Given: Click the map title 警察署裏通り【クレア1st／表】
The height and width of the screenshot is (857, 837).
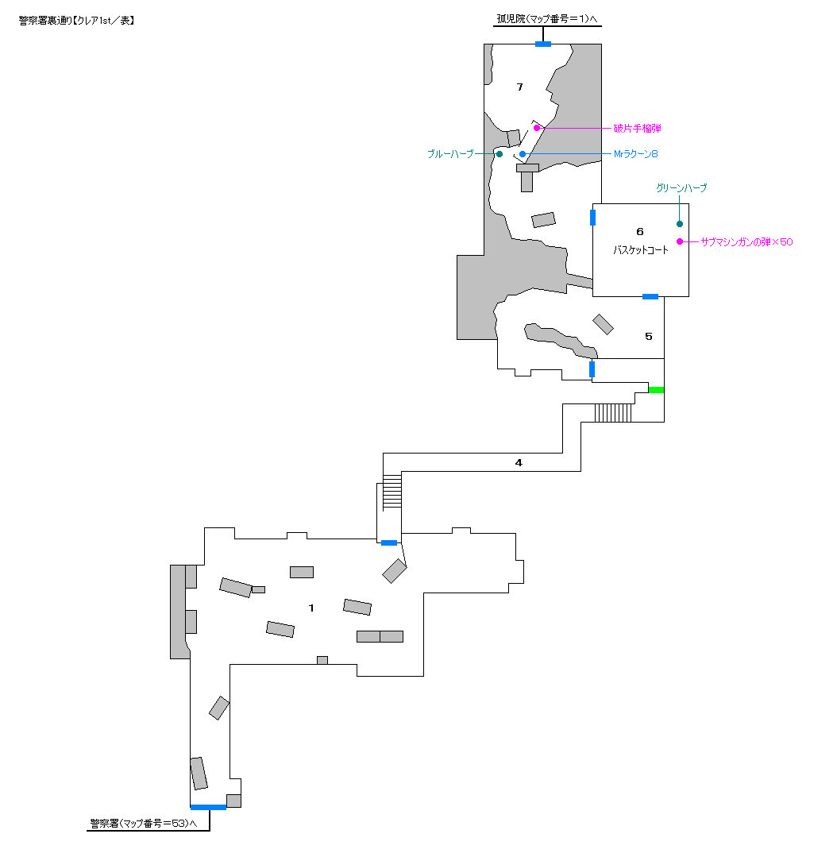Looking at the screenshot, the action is [76, 21].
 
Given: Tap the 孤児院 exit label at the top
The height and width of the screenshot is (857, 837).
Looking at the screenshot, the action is [547, 19].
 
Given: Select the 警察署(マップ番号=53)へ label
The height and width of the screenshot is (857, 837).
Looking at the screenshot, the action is [144, 823].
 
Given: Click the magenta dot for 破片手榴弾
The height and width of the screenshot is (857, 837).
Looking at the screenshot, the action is [537, 128].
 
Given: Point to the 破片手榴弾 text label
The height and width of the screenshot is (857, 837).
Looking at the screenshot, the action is [637, 129].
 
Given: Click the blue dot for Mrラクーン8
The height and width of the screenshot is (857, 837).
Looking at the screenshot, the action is [523, 154].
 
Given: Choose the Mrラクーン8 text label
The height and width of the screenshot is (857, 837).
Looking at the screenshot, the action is [635, 154].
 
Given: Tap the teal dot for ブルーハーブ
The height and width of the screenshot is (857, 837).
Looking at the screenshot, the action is [499, 154].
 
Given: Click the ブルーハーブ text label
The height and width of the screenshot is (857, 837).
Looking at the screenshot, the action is [450, 154].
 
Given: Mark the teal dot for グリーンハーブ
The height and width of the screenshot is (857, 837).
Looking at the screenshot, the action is [680, 223].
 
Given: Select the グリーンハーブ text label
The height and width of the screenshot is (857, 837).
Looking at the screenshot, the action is [681, 188].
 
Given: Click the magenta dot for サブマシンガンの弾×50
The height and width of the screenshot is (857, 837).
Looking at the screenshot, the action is [680, 241].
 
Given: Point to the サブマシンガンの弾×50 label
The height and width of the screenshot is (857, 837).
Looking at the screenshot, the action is [746, 242].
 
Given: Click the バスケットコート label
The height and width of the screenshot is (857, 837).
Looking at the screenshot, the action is [640, 250].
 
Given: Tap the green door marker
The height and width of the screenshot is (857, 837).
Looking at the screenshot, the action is [656, 390].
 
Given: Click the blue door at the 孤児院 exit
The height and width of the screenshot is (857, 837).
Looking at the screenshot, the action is [543, 44].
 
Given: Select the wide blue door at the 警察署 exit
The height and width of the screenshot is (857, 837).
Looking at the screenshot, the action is [208, 807].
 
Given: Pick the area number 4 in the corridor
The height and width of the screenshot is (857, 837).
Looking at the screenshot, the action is [519, 463].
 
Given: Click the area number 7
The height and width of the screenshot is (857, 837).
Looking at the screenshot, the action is [519, 87].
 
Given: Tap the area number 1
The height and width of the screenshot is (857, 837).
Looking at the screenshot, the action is [311, 608].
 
